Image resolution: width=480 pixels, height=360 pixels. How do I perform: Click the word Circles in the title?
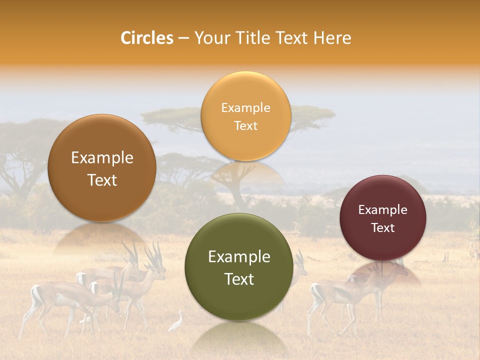[146, 38]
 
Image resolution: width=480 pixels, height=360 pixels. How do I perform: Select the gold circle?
[245, 116]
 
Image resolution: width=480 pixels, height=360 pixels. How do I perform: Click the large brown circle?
[102, 168]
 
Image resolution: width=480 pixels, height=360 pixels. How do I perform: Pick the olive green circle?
[239, 267]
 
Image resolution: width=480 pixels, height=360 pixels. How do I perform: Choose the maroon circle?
[383, 218]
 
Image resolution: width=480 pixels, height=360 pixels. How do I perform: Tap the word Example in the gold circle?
[245, 107]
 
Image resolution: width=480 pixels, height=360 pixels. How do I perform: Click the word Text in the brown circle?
[102, 180]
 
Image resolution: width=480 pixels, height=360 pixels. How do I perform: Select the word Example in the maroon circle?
[383, 209]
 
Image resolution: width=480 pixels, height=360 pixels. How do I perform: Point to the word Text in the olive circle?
[239, 279]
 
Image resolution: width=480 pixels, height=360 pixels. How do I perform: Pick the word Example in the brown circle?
[102, 157]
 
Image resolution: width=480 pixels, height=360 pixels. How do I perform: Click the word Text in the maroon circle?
[383, 228]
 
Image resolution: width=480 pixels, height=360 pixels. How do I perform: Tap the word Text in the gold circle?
[245, 125]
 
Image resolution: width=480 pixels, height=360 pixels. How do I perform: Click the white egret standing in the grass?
[176, 322]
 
